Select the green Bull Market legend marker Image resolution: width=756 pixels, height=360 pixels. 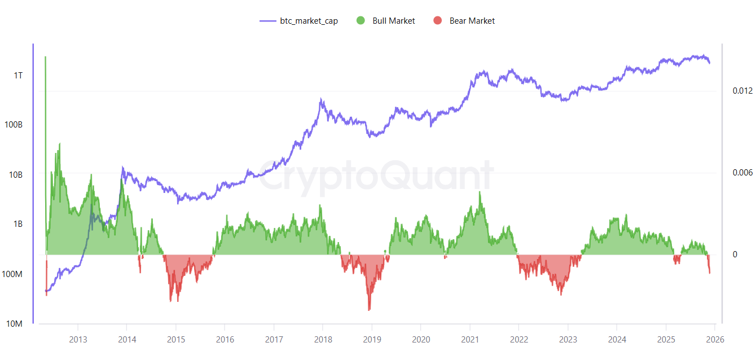click(x=361, y=21)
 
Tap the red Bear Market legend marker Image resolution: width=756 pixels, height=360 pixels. click(x=437, y=21)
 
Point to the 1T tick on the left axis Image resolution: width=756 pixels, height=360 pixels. click(x=18, y=76)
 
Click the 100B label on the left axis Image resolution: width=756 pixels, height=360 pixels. click(x=14, y=125)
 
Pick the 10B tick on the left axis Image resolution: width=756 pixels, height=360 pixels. click(x=16, y=175)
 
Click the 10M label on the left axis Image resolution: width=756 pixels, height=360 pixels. click(x=15, y=324)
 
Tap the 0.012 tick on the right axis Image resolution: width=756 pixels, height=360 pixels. click(x=742, y=91)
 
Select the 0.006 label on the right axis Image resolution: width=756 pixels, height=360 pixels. click(x=742, y=173)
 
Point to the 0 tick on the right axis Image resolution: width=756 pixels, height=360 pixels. click(x=735, y=254)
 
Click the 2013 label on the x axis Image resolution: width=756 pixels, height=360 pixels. click(x=78, y=340)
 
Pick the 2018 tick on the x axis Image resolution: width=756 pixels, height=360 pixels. click(x=323, y=340)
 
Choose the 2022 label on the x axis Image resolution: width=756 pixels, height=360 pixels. click(x=519, y=340)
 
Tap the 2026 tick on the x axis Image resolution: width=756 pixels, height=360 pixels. click(x=715, y=340)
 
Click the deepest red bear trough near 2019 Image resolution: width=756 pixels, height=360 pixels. click(x=369, y=309)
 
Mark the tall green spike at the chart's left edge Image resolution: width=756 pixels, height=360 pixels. click(x=45, y=58)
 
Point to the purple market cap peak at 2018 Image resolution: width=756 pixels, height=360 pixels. click(x=321, y=99)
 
